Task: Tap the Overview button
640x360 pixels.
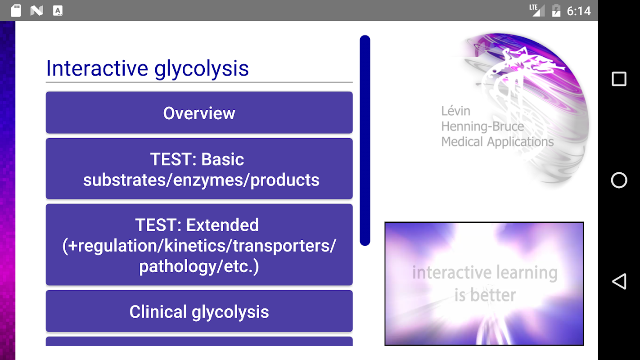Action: pyautogui.click(x=199, y=112)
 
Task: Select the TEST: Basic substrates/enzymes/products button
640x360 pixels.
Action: pyautogui.click(x=199, y=169)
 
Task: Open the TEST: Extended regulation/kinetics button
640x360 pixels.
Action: pyautogui.click(x=199, y=245)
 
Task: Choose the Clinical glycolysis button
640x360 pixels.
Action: pyautogui.click(x=199, y=311)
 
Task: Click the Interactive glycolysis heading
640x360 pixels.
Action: pyautogui.click(x=148, y=68)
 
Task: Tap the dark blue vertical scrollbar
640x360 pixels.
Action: pyautogui.click(x=365, y=140)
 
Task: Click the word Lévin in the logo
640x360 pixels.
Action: pyautogui.click(x=456, y=111)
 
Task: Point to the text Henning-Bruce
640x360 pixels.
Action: pyautogui.click(x=482, y=126)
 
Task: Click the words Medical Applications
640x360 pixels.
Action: pyautogui.click(x=497, y=142)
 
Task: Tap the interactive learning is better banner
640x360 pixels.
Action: pyautogui.click(x=484, y=283)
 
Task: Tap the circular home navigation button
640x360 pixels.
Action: pyautogui.click(x=619, y=180)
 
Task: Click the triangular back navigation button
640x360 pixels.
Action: pyautogui.click(x=619, y=281)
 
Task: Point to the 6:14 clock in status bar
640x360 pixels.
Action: pyautogui.click(x=579, y=11)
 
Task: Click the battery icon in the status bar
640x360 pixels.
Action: pyautogui.click(x=556, y=10)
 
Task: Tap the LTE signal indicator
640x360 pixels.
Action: pyautogui.click(x=536, y=10)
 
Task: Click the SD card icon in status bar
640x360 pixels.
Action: pyautogui.click(x=16, y=10)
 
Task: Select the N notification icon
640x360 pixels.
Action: pyautogui.click(x=37, y=11)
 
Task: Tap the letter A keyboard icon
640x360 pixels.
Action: pyautogui.click(x=58, y=10)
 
